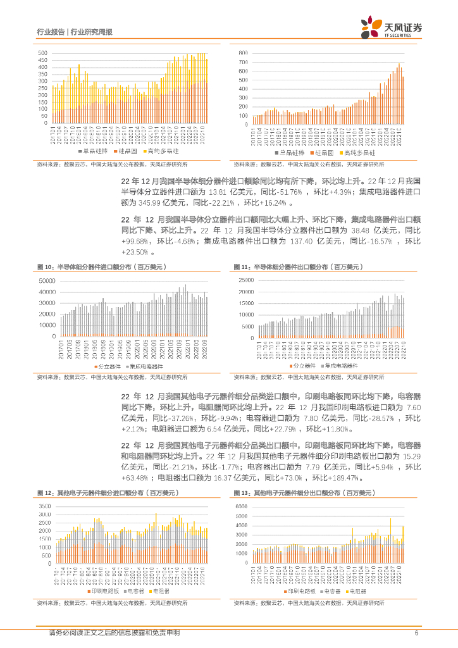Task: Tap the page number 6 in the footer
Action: [416, 633]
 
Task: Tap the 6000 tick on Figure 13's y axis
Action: [244, 507]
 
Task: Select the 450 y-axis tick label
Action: [42, 61]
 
